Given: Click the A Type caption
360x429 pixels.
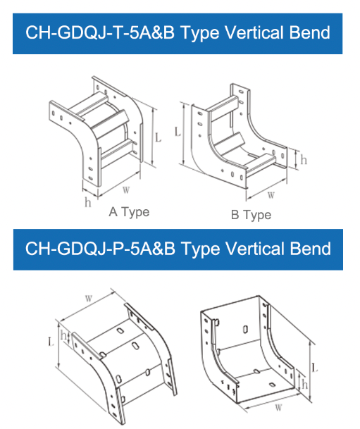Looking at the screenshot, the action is coord(129,212).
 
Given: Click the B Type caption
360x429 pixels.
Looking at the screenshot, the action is coord(251,215).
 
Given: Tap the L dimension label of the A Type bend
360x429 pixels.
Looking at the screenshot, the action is coord(158,137).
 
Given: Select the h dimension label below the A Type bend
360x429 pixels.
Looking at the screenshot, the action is coord(88,202).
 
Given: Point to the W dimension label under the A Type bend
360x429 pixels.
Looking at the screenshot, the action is coord(126,190).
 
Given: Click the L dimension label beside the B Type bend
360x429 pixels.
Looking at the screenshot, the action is coord(178,132).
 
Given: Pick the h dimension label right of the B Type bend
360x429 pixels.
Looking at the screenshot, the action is coord(304,159).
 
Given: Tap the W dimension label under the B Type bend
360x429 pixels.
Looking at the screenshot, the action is coord(271,195).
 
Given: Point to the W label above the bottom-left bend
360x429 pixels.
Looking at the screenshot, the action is coord(89,298).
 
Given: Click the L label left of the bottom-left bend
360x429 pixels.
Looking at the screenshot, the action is coord(51,342).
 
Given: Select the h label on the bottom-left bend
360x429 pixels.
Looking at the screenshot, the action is coord(63,335).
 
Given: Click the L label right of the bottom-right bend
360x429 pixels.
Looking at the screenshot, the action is coord(315,367).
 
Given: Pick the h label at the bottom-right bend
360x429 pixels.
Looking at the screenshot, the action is coord(304,385).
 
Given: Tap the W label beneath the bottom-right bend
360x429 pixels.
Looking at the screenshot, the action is coord(278,408).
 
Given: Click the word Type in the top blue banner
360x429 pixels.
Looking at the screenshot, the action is coord(199,33).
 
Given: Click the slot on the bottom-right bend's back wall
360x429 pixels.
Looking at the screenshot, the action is coord(245,329).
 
